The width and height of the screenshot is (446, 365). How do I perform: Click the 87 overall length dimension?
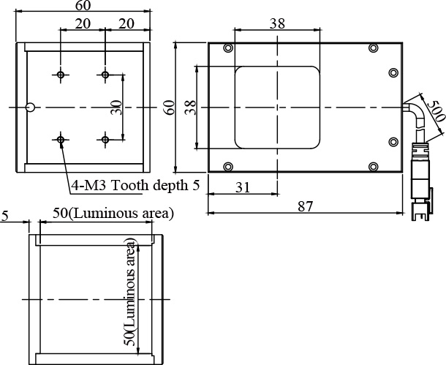(x=305, y=206)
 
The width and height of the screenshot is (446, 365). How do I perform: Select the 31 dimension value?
(x=243, y=187)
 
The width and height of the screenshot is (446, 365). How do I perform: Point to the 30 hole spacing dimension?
(x=116, y=108)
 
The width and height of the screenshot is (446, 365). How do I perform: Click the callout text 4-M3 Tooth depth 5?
(x=135, y=186)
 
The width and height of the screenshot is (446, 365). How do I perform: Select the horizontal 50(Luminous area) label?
(x=113, y=214)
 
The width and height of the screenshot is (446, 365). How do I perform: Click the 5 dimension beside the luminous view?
(x=5, y=217)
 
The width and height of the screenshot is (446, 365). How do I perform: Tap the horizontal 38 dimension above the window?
(x=277, y=23)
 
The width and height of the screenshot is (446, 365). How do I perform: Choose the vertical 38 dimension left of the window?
(x=191, y=108)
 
